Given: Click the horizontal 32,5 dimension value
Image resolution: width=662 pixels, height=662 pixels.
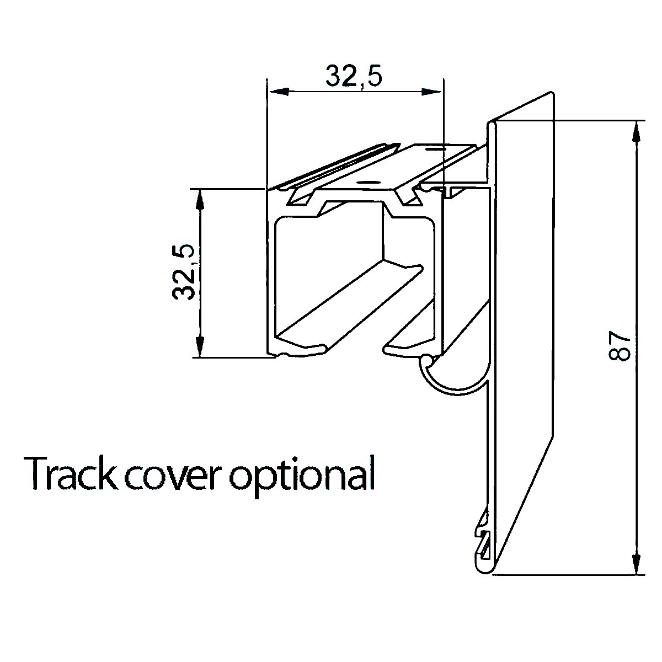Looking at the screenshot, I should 354,76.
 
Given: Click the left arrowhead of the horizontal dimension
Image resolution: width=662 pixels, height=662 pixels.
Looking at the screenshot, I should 274,92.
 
